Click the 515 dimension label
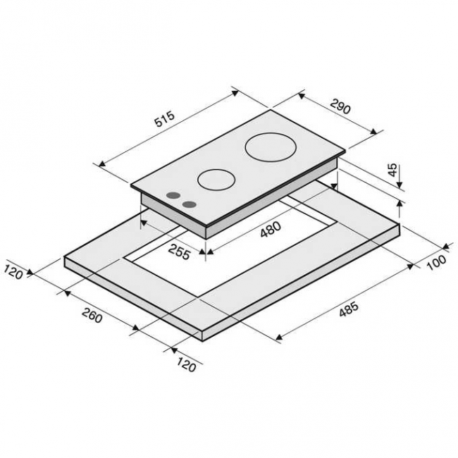[x=165, y=118]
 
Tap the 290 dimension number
[x=340, y=106]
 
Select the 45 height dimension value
[x=393, y=170]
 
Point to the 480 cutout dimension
[x=271, y=229]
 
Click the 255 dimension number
[x=179, y=252]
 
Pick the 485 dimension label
[x=349, y=309]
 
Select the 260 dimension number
[x=92, y=316]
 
